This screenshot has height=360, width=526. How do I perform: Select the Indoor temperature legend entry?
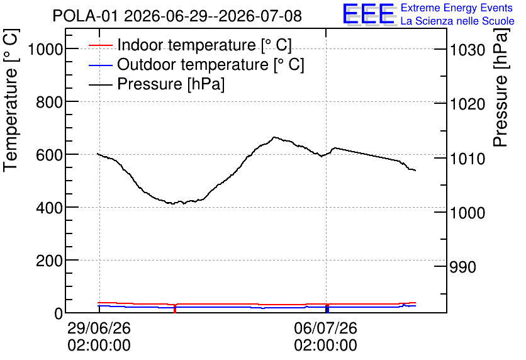(x=190, y=45)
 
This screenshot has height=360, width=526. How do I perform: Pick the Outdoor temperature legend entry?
(x=196, y=64)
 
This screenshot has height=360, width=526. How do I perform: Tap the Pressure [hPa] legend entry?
(x=157, y=84)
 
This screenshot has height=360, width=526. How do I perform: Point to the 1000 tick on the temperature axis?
(x=45, y=50)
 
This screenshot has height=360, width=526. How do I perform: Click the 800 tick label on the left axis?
(x=49, y=103)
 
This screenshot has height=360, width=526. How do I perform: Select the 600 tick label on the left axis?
(x=49, y=155)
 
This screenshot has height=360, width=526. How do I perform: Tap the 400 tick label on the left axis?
(x=49, y=208)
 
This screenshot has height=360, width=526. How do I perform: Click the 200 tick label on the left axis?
(x=49, y=261)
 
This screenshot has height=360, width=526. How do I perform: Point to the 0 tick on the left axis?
(x=59, y=313)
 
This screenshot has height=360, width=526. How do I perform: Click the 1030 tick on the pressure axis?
(x=467, y=50)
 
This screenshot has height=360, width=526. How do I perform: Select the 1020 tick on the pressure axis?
(x=467, y=104)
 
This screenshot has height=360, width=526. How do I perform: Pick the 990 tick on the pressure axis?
(x=462, y=267)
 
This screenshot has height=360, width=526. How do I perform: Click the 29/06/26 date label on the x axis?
(x=99, y=328)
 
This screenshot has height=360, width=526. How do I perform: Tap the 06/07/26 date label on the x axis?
(x=326, y=328)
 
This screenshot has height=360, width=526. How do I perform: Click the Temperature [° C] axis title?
(x=11, y=100)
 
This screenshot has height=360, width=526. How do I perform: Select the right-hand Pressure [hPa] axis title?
(x=501, y=87)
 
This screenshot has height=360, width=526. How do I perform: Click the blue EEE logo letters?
(x=369, y=14)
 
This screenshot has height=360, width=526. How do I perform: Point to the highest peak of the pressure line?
(x=274, y=137)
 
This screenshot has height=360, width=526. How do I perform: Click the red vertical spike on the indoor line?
(x=175, y=308)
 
